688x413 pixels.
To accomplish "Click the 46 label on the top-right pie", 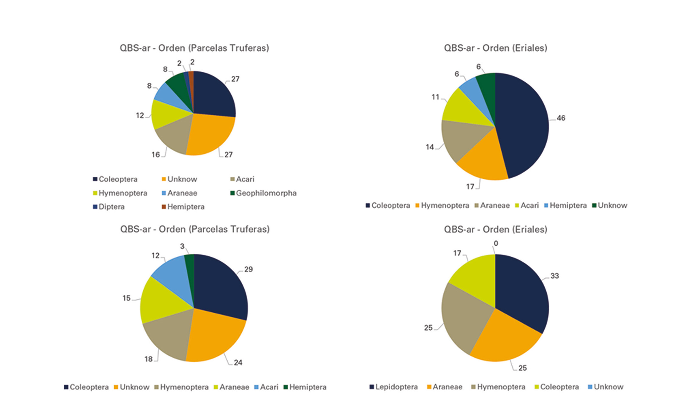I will [x=561, y=118].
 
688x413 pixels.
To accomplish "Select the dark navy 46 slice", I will [x=523, y=126].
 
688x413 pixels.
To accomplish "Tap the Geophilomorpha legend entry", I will [x=263, y=193].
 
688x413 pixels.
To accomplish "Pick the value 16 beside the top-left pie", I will [x=156, y=155].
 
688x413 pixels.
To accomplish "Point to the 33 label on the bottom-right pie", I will [x=554, y=276].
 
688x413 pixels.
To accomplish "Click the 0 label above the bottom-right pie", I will [x=496, y=244].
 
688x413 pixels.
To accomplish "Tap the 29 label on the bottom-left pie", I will [x=248, y=269].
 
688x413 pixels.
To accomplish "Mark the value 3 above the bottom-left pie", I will [x=182, y=246].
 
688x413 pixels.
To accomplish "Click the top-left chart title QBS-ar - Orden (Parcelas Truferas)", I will [x=194, y=48].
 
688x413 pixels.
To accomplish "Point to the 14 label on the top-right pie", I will [x=430, y=147].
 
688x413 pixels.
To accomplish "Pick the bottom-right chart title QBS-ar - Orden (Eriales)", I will [x=495, y=229].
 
